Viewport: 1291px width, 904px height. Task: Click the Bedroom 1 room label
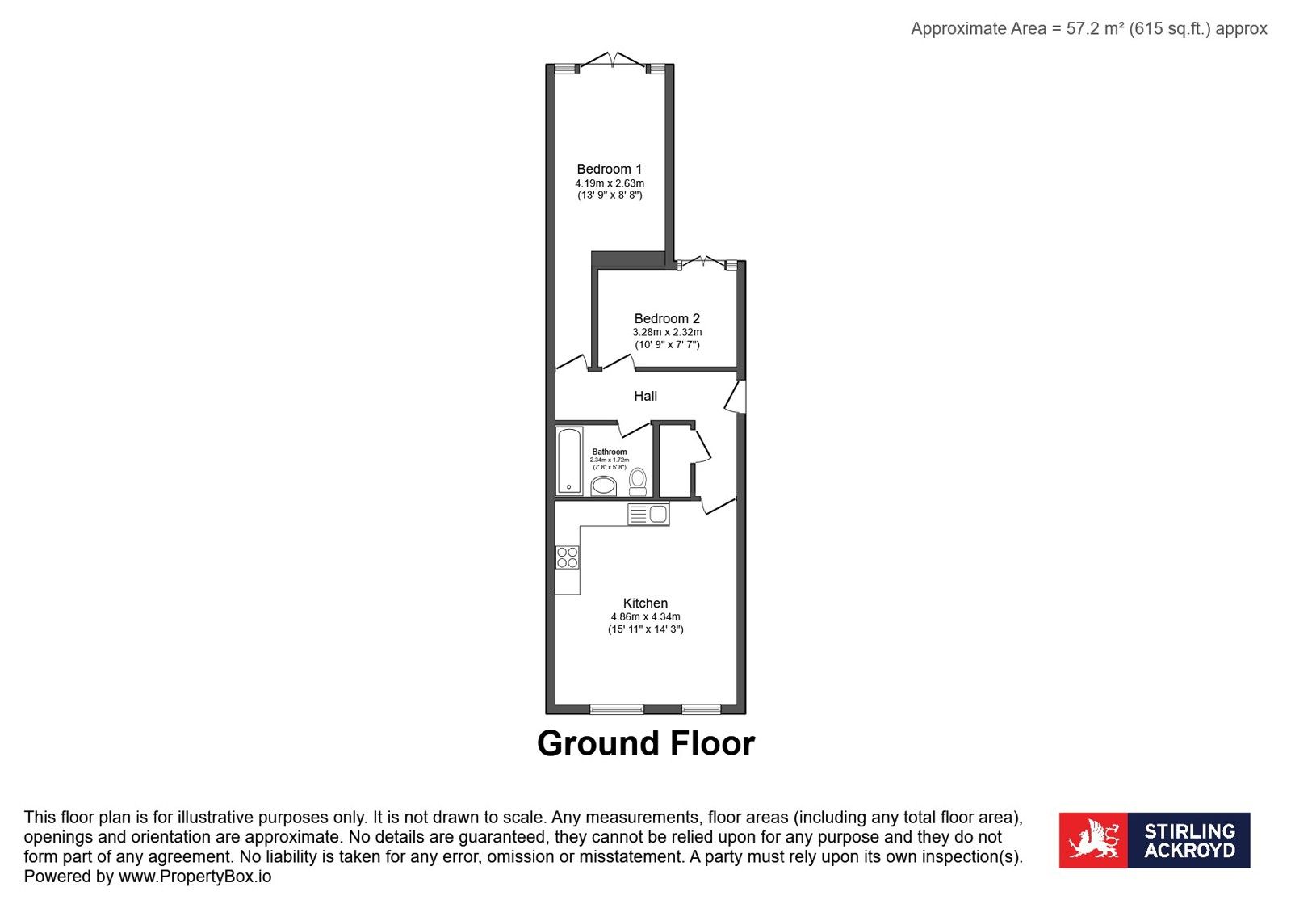coord(610,169)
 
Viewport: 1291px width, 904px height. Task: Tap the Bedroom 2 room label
coord(667,318)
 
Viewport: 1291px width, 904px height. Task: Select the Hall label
coord(646,396)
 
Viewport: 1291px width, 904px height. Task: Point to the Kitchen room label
coord(646,603)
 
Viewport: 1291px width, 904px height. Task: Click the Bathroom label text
coord(610,452)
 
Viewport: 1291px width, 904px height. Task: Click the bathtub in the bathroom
coord(569,460)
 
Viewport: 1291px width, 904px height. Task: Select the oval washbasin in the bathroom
coord(603,486)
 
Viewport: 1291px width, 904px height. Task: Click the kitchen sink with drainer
coord(648,514)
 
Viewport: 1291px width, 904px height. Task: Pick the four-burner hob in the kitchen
coord(567,557)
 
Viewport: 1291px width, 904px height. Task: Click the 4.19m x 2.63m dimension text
coord(610,183)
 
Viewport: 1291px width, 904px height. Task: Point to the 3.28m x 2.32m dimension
coord(667,332)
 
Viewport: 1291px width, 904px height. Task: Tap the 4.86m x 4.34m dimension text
coord(646,617)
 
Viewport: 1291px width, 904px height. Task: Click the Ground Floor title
coord(646,743)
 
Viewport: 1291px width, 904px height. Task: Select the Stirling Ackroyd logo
coord(1155,840)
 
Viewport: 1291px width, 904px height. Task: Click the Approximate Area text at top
coord(1088,29)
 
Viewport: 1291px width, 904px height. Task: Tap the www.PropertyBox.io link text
coord(195,877)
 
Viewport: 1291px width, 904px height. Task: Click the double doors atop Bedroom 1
coord(613,60)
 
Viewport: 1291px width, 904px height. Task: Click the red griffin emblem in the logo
coord(1093,840)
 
